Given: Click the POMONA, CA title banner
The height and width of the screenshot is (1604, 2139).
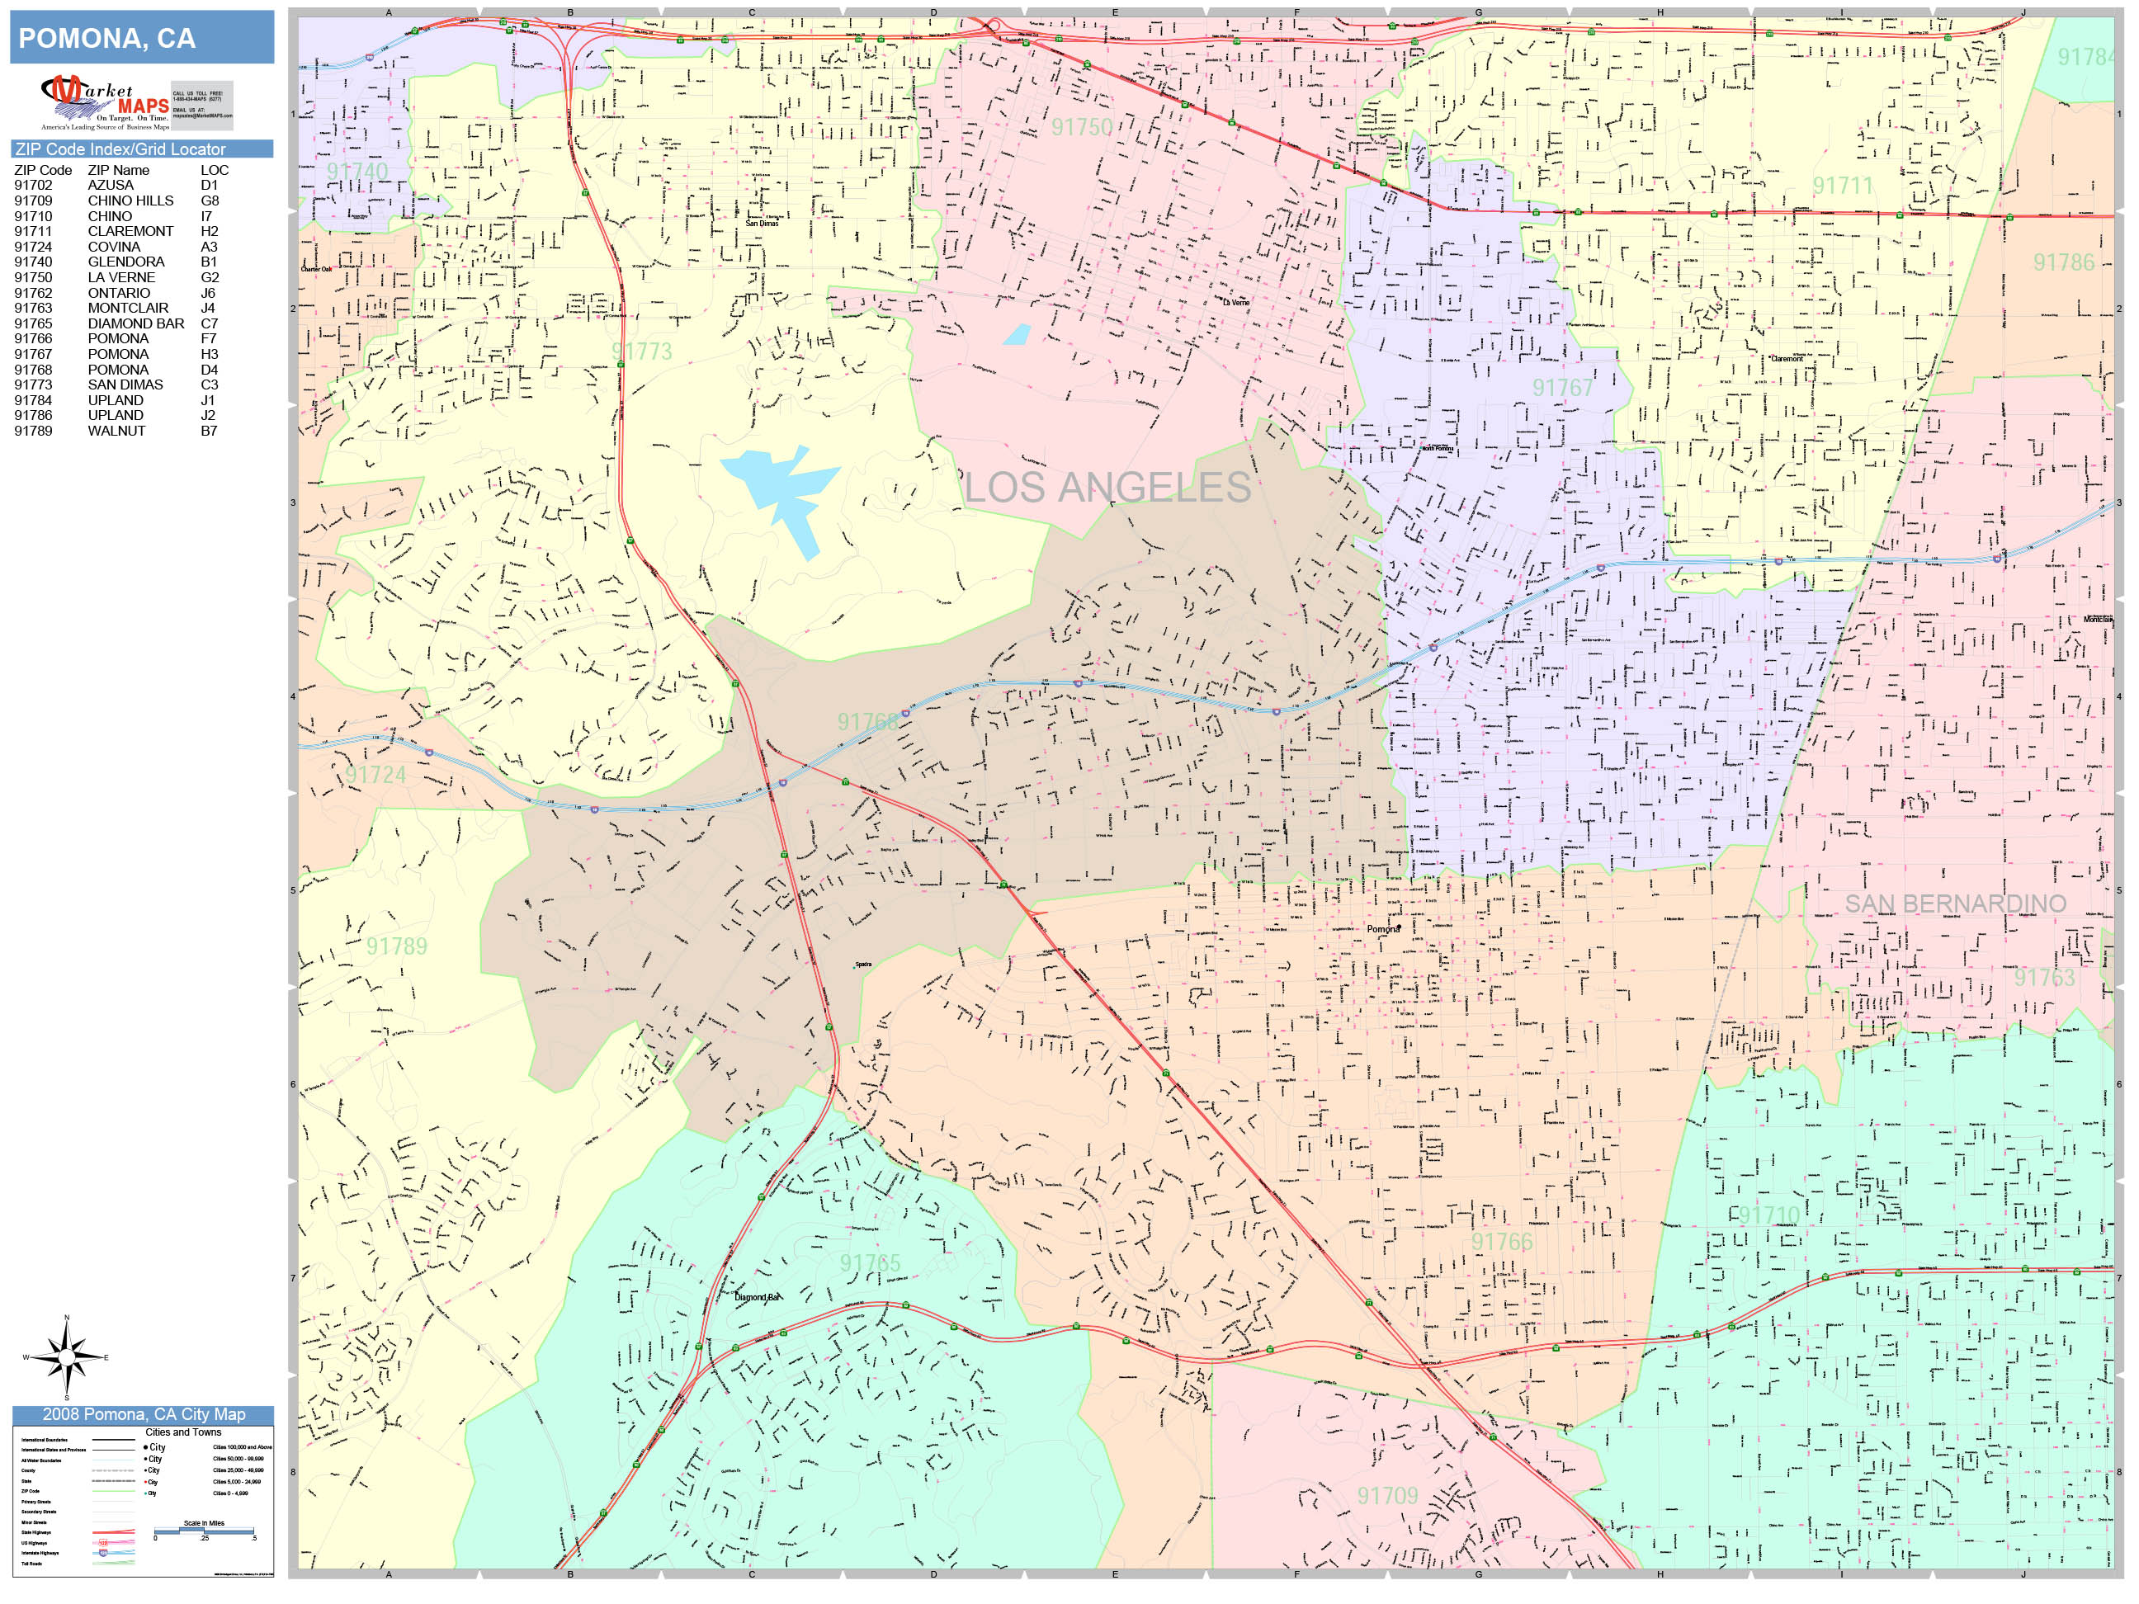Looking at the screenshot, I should click(x=142, y=39).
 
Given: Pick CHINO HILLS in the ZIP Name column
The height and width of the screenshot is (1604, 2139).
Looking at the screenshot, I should click(x=130, y=201).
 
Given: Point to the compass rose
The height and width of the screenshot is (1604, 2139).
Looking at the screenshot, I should click(x=67, y=1357).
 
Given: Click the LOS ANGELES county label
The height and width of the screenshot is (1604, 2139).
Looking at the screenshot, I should click(x=1107, y=488).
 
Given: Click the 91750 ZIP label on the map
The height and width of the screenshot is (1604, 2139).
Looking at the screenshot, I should click(x=1082, y=128).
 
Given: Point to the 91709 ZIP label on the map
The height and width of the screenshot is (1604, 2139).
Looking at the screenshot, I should click(x=1386, y=1496).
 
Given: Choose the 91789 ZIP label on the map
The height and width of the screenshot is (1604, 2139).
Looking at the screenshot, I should click(x=396, y=946).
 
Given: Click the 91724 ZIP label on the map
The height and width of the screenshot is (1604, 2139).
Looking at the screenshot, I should click(x=376, y=775).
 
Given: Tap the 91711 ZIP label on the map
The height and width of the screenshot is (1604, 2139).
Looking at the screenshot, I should click(x=1842, y=186).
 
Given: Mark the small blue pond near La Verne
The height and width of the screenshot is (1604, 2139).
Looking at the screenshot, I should click(x=1017, y=334).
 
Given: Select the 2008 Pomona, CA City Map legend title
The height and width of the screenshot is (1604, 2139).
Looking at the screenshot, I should click(x=142, y=1414).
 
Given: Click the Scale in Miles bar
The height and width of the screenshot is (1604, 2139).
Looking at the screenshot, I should click(x=204, y=1531).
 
